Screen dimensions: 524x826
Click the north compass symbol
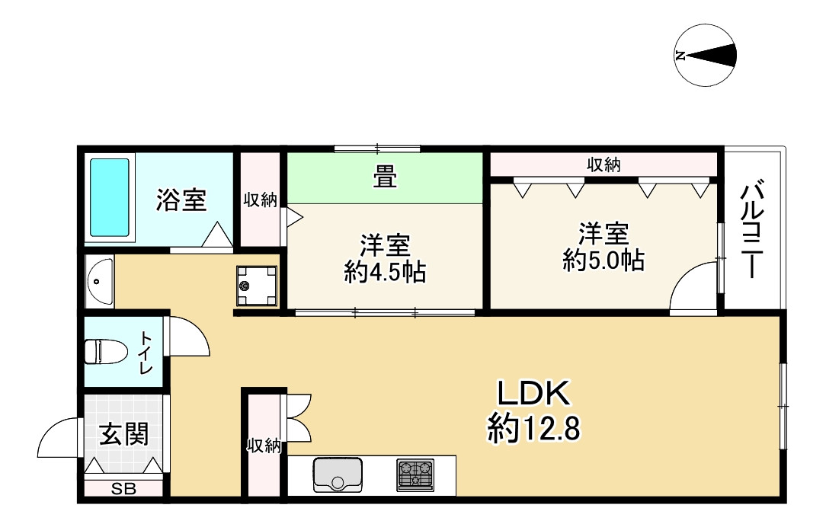click(706, 56)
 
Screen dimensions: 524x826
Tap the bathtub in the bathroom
click(110, 197)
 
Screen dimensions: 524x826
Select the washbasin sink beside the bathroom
click(98, 281)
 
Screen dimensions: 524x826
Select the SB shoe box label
click(124, 490)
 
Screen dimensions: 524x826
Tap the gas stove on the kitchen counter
click(415, 474)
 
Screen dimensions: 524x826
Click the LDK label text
click(533, 394)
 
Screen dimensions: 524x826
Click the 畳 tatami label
click(384, 177)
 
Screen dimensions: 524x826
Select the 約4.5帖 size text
click(384, 272)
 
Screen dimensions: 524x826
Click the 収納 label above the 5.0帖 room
click(603, 165)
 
